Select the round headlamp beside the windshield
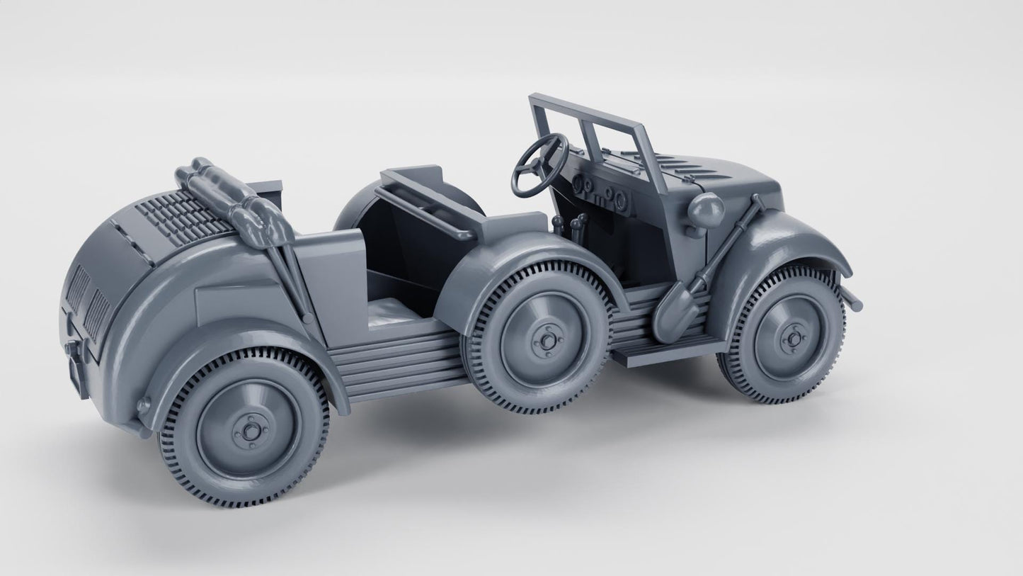click(x=705, y=211)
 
